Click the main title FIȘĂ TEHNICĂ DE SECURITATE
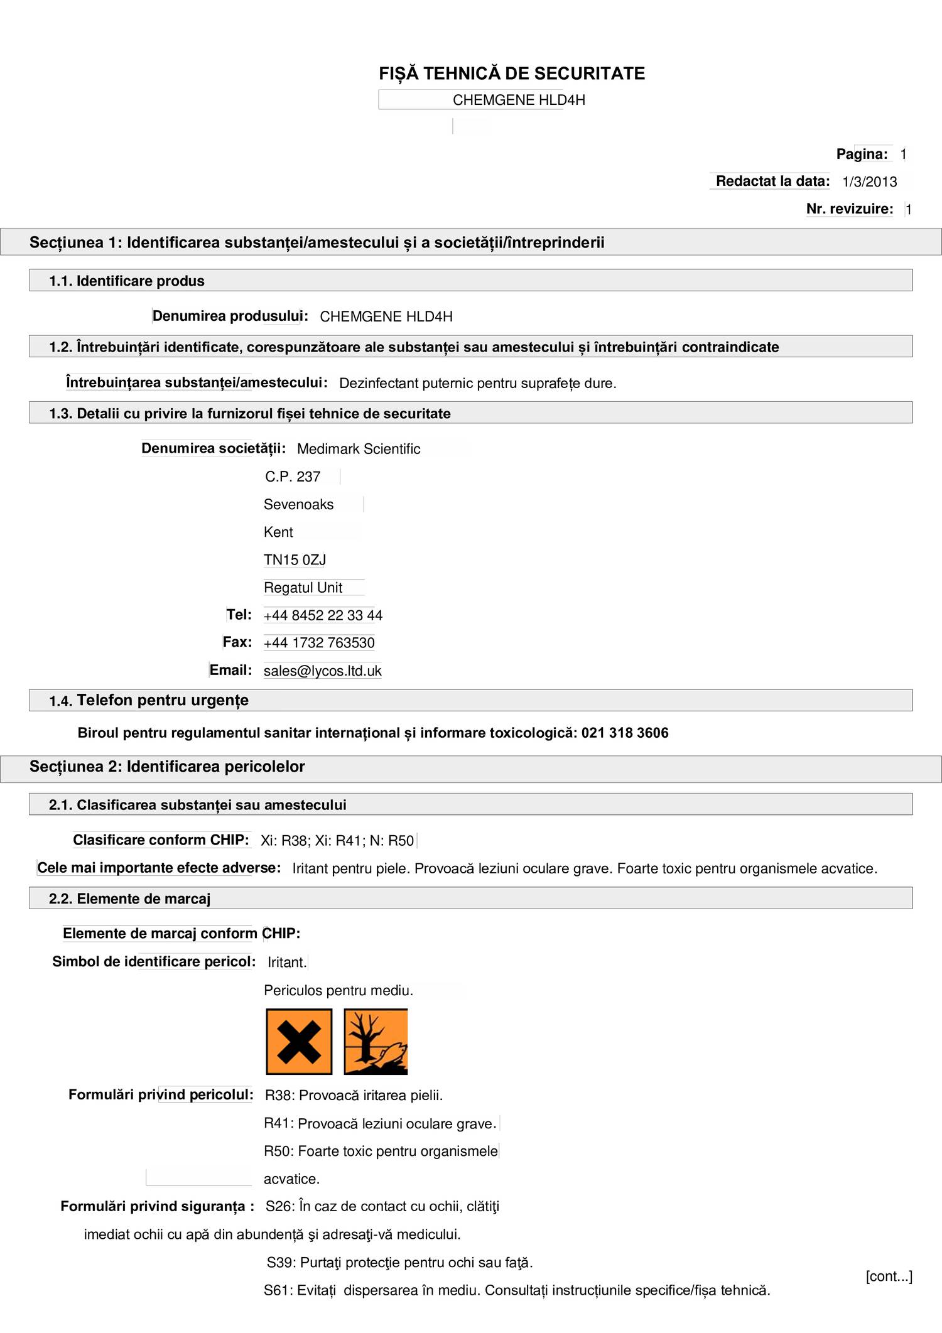click(x=511, y=73)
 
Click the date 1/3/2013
click(x=869, y=181)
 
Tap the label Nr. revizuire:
click(x=849, y=208)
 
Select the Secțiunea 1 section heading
click(x=317, y=242)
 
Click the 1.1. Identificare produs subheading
click(x=127, y=281)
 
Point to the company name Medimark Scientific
click(x=359, y=449)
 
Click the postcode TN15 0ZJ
click(x=295, y=559)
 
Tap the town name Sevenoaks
click(x=298, y=504)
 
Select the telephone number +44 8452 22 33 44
click(x=323, y=615)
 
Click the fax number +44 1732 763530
click(x=319, y=643)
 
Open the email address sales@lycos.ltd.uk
click(x=322, y=671)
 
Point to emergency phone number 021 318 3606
click(x=624, y=733)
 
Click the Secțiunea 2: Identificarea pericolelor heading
click(x=167, y=767)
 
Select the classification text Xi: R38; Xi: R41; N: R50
click(x=337, y=841)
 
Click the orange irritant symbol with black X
click(x=299, y=1042)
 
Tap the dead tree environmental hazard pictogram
click(x=376, y=1042)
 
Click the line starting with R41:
click(x=380, y=1123)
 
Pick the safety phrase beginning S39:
click(x=399, y=1262)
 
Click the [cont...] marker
click(x=888, y=1276)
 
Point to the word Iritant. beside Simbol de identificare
click(x=287, y=962)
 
